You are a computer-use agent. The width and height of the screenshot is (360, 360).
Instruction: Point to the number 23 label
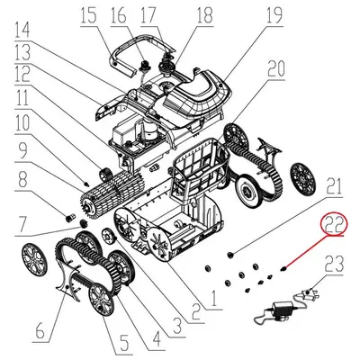point(334,263)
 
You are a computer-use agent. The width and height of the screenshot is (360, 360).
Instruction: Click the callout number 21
point(334,187)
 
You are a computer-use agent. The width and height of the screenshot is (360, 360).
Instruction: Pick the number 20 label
point(275,68)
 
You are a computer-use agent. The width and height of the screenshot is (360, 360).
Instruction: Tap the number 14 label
point(22,53)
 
